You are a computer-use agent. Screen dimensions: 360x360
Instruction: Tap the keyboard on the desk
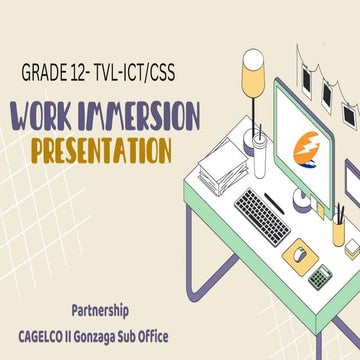(x=262, y=214)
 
